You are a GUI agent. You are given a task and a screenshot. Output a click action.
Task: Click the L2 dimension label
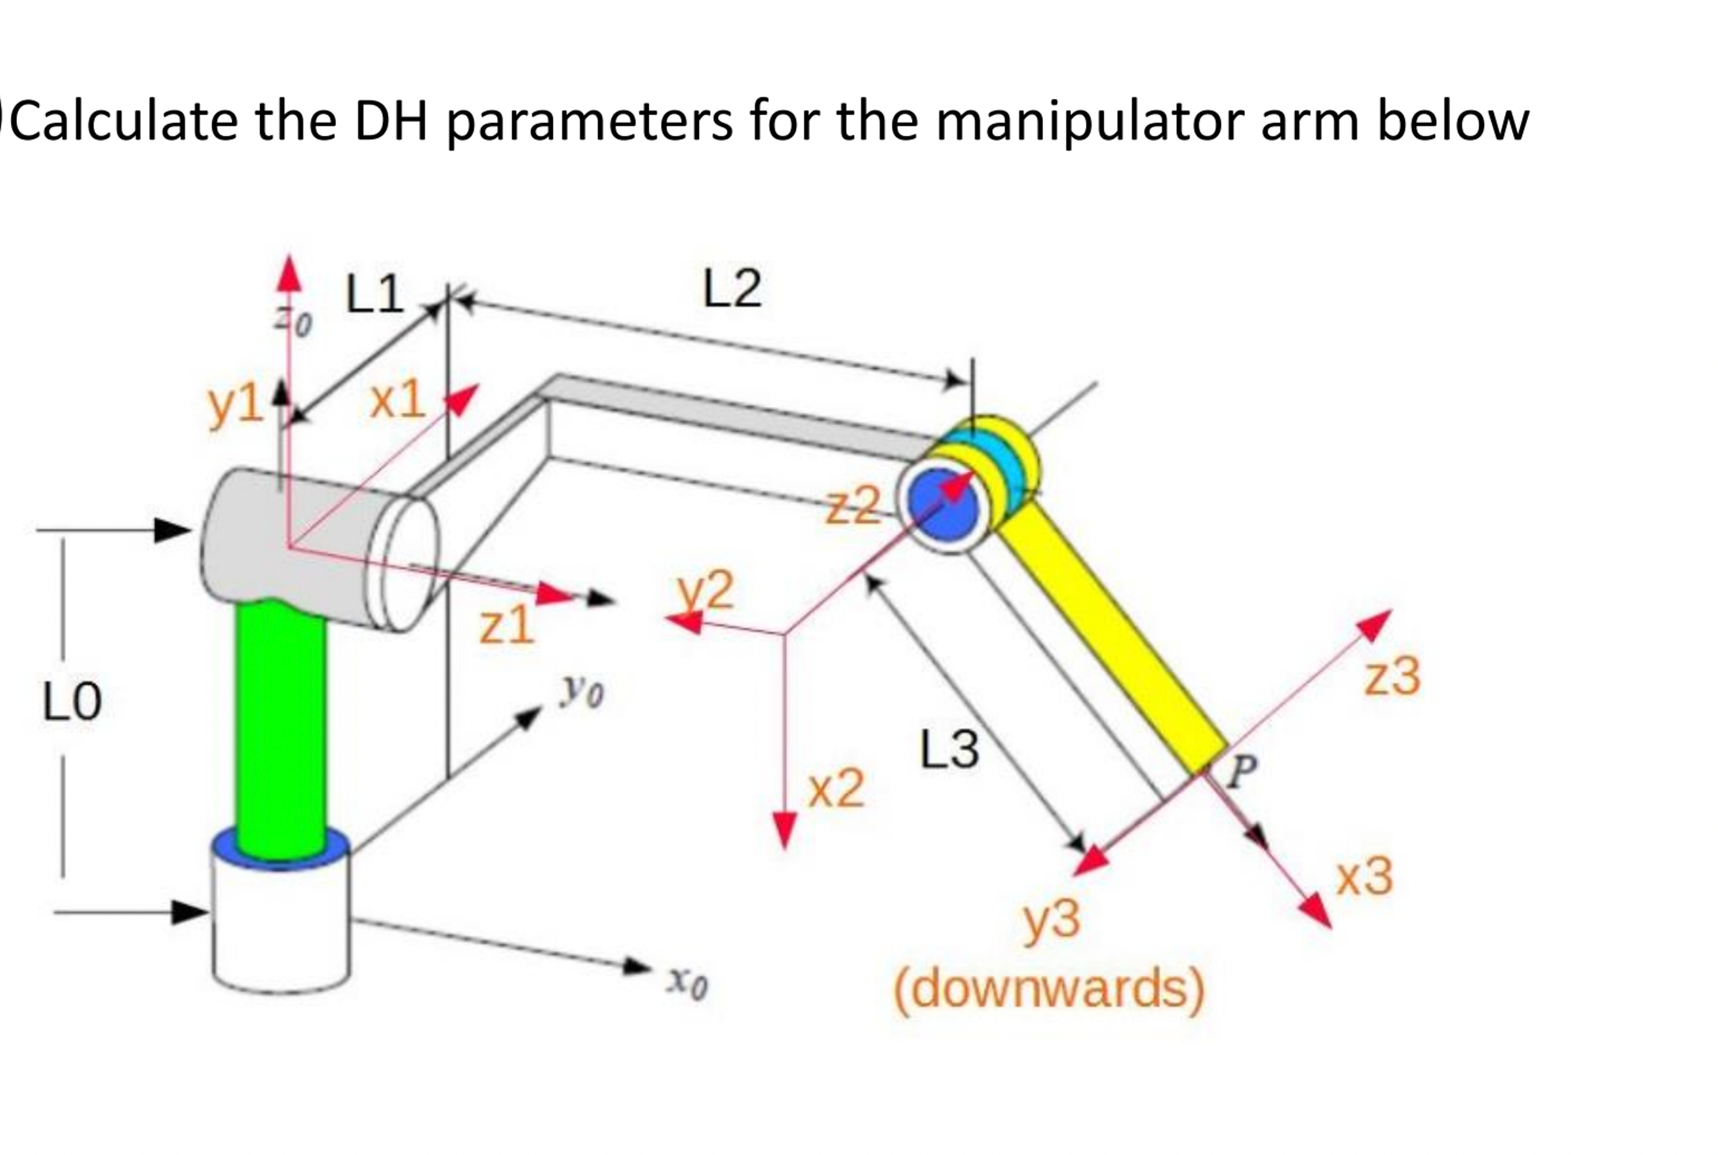732,289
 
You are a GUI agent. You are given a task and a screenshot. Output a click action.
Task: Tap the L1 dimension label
374,294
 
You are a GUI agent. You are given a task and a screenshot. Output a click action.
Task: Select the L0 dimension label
71,702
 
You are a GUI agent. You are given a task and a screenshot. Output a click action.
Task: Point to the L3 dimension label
949,750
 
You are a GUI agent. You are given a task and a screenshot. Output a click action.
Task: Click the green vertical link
280,729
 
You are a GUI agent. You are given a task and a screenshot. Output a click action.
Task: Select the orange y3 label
1052,921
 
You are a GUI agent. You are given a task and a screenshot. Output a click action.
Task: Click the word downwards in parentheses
1049,989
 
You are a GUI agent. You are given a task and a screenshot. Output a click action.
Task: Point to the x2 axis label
836,790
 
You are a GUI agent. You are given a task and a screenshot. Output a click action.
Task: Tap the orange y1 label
235,405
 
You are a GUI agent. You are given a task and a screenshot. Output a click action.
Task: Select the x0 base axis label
687,983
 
